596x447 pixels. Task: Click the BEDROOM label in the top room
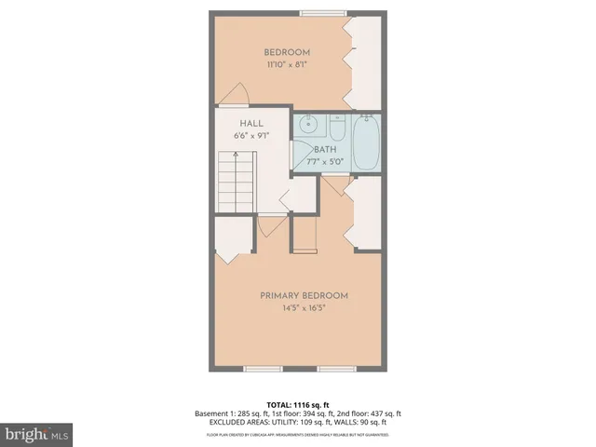286,52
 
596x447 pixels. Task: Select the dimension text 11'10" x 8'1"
286,65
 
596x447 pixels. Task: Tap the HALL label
251,123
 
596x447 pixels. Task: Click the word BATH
324,149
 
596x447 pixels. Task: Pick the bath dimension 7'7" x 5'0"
324,161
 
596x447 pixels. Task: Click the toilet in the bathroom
337,126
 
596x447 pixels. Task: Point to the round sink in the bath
310,124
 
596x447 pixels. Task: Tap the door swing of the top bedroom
236,94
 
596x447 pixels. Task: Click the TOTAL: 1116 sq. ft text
297,404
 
